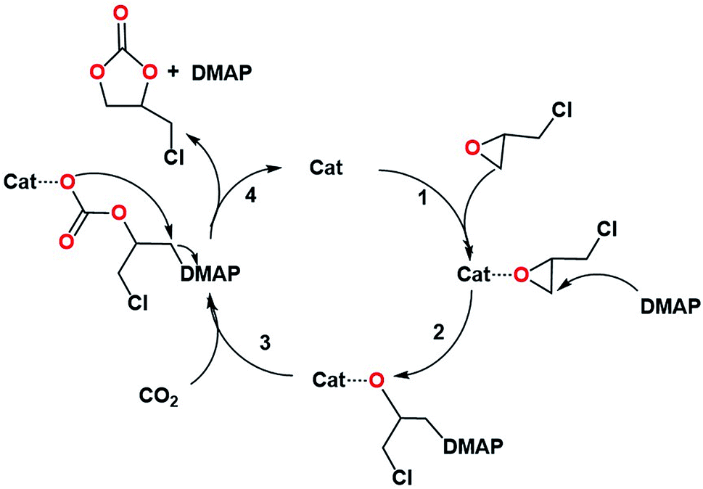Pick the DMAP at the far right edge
click(670, 307)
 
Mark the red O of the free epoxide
click(473, 148)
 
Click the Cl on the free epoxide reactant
click(562, 110)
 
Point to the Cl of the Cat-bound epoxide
click(608, 229)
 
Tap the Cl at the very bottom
click(408, 477)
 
